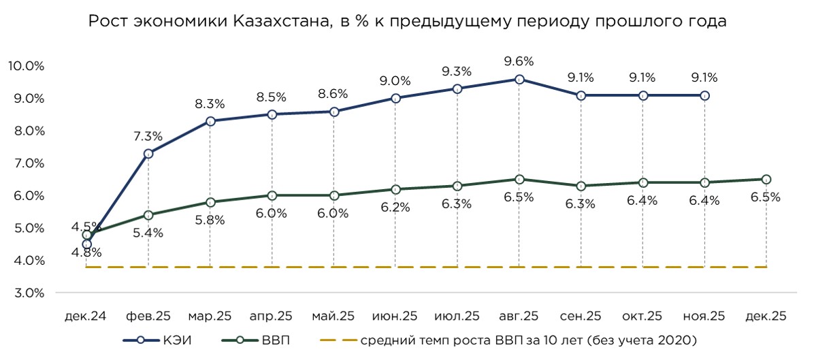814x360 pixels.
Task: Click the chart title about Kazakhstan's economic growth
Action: click(407, 21)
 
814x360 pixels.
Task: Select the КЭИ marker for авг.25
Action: click(519, 80)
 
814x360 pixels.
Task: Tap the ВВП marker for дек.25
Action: click(766, 179)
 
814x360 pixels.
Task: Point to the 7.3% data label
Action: click(148, 136)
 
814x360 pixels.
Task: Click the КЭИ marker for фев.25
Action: click(148, 154)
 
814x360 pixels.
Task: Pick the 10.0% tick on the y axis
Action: click(26, 66)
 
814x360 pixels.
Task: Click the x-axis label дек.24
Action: click(86, 316)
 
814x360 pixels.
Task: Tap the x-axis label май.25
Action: click(333, 316)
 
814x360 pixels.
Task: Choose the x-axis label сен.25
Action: click(581, 316)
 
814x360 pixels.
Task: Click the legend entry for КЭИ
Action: click(156, 339)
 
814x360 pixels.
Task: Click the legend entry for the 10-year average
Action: click(510, 339)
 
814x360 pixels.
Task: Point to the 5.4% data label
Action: click(148, 232)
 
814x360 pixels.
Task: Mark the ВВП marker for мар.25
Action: click(210, 202)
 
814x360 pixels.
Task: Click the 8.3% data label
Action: click(210, 104)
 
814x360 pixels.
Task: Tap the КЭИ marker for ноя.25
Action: click(704, 96)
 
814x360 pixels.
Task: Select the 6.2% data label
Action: click(395, 208)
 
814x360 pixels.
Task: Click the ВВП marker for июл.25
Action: click(457, 186)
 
